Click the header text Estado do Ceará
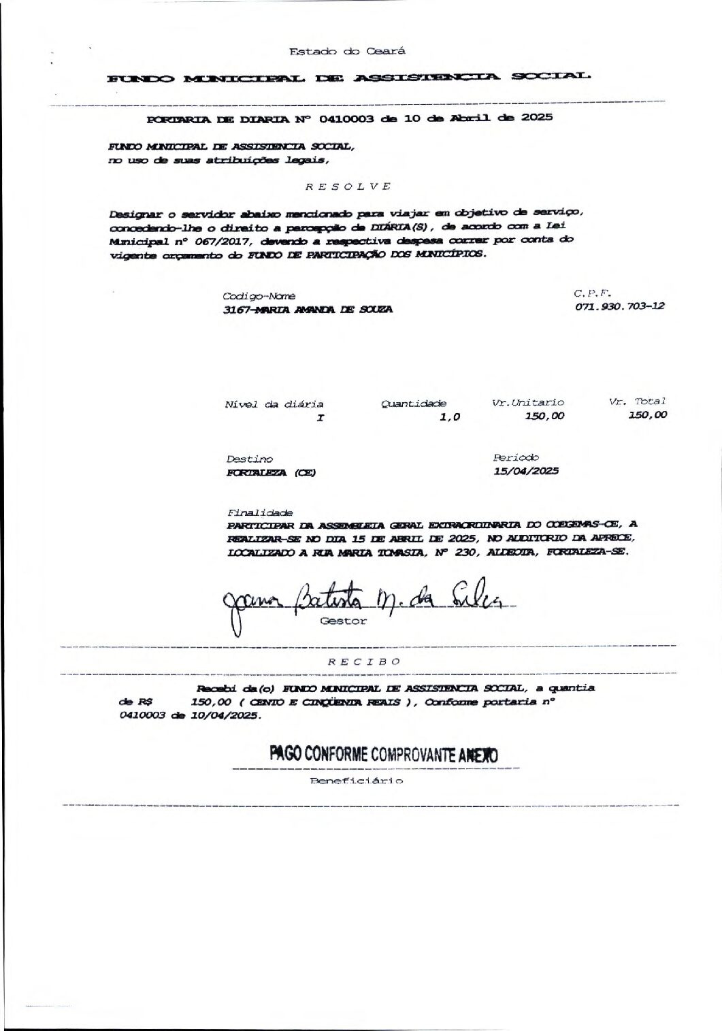(347, 52)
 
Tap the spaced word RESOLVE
(347, 186)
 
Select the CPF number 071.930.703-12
(619, 306)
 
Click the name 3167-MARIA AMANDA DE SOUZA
(308, 309)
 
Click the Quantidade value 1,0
(450, 417)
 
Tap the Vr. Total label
(638, 402)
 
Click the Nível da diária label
(274, 404)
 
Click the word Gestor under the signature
(343, 621)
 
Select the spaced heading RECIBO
(364, 661)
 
